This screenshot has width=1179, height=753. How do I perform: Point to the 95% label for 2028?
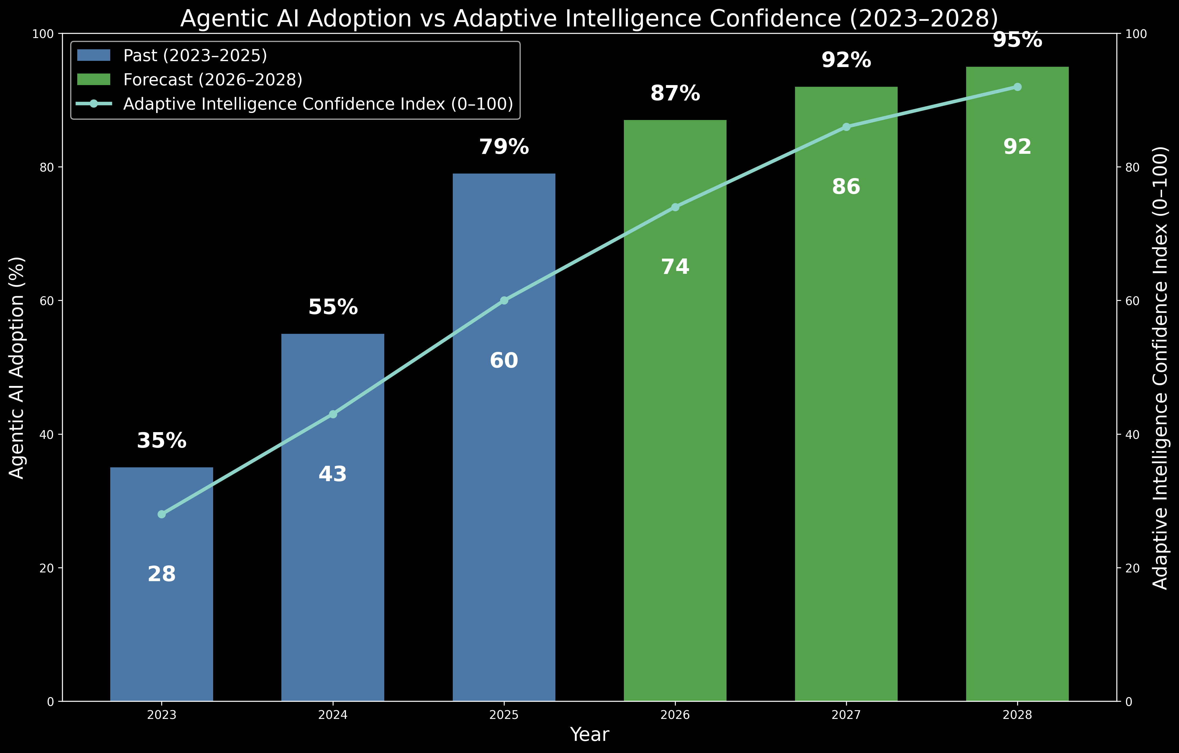tap(1017, 40)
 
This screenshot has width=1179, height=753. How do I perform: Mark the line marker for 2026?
tap(675, 207)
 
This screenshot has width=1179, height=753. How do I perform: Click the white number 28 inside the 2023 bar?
tap(162, 574)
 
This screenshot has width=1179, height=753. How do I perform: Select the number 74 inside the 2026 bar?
tap(675, 267)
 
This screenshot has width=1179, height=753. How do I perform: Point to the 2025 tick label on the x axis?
tap(504, 715)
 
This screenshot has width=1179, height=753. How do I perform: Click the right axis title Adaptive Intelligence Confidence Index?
tap(1160, 367)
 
